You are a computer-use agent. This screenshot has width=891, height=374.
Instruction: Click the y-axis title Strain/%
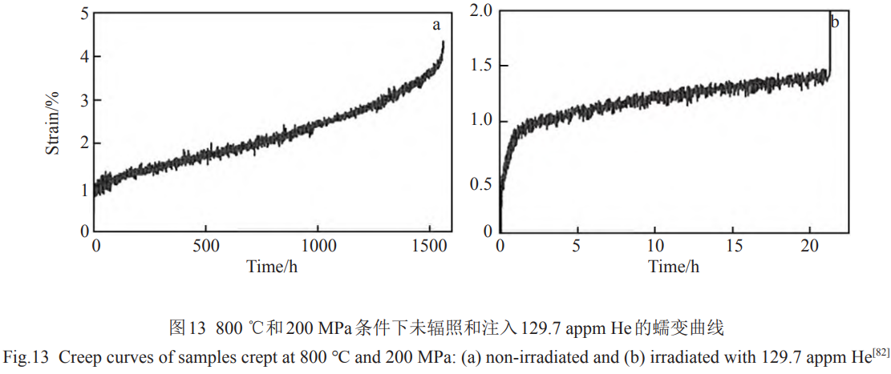point(52,123)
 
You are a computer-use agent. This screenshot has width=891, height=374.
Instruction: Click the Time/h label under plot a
point(273,266)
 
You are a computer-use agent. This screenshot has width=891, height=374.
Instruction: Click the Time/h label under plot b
point(674,266)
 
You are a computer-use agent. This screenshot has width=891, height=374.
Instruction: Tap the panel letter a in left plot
point(436,25)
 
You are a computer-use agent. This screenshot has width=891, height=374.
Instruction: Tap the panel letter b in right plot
point(835,22)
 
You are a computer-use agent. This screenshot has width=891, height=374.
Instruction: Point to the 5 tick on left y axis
point(85,13)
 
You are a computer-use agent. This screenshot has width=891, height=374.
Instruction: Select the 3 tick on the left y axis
point(85,100)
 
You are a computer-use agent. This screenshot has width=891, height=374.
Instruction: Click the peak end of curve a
point(443,42)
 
